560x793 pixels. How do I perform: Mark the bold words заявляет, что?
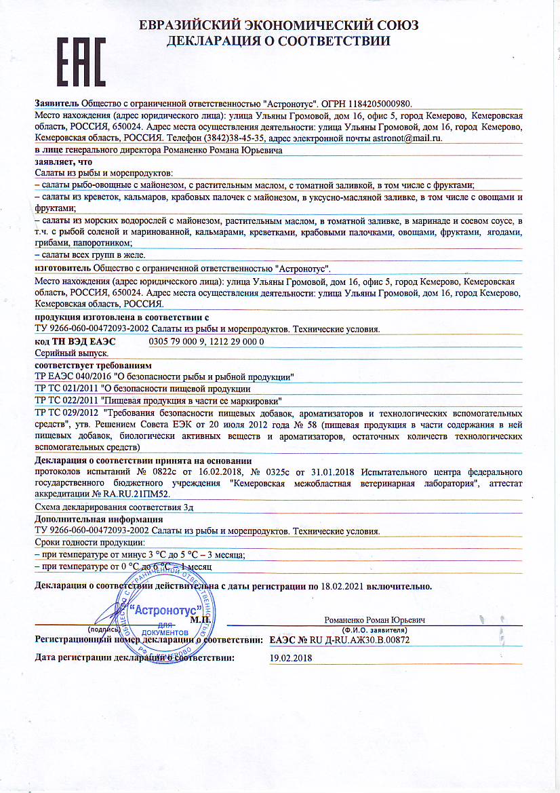[x=63, y=162]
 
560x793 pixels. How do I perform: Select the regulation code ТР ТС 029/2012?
[x=67, y=412]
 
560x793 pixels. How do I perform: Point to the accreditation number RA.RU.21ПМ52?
[x=136, y=494]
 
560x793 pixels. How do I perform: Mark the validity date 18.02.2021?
[x=342, y=585]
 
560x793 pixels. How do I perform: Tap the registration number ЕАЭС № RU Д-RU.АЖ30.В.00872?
[x=339, y=639]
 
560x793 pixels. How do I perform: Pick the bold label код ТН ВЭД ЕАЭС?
[x=75, y=341]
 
